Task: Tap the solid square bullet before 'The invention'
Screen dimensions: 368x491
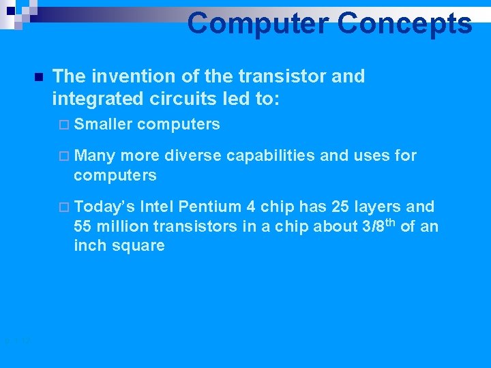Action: pyautogui.click(x=38, y=76)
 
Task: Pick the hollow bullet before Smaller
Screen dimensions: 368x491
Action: pyautogui.click(x=64, y=125)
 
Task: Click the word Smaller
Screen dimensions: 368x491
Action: pyautogui.click(x=103, y=124)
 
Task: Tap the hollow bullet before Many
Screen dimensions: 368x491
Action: pyautogui.click(x=64, y=156)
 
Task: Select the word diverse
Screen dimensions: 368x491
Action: pyautogui.click(x=192, y=155)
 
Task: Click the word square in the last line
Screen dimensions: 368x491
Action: pyautogui.click(x=140, y=245)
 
